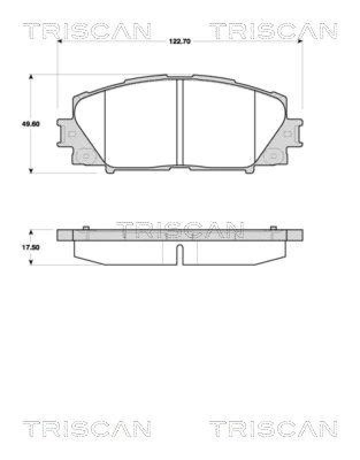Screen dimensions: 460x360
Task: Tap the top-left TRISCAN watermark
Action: pos(87,30)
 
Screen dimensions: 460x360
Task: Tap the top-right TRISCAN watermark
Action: pos(273,30)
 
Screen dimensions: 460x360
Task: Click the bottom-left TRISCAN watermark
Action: pos(87,428)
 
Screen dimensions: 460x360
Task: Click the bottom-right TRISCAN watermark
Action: pos(273,428)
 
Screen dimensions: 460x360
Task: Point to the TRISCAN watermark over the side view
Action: pos(180,230)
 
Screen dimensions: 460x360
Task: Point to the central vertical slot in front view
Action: pos(179,122)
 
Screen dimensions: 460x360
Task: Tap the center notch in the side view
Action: pos(179,254)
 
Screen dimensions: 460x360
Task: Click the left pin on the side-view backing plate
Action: pos(85,228)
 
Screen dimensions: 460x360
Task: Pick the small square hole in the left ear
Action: pos(71,134)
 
